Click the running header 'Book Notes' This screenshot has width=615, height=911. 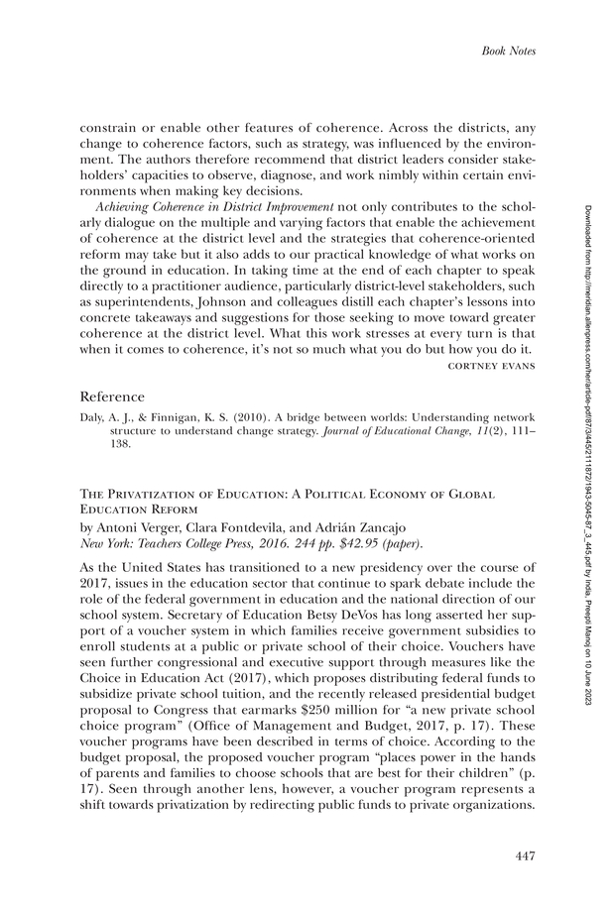(508, 51)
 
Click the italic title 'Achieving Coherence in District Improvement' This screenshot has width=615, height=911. (213, 208)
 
